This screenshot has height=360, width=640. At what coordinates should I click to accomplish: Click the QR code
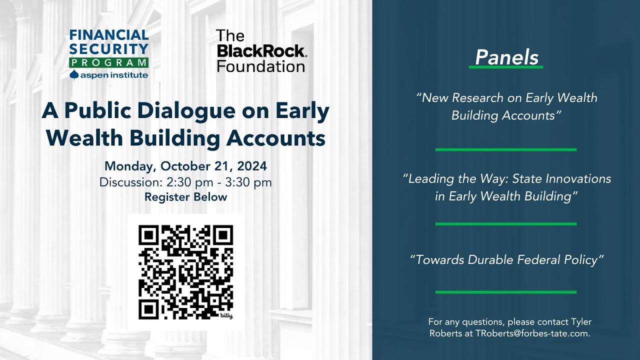pyautogui.click(x=185, y=272)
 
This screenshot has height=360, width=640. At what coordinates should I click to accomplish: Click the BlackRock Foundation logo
pyautogui.click(x=261, y=51)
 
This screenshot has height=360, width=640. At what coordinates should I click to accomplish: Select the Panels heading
pyautogui.click(x=506, y=57)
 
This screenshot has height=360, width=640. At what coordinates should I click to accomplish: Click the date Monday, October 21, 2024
pyautogui.click(x=185, y=166)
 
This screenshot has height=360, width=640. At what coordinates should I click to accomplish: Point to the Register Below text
pyautogui.click(x=185, y=197)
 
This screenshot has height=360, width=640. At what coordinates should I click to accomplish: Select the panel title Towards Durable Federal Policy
pyautogui.click(x=506, y=260)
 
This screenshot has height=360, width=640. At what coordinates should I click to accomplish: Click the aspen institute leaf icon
pyautogui.click(x=74, y=75)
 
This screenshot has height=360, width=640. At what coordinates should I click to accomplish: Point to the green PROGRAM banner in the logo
pyautogui.click(x=108, y=63)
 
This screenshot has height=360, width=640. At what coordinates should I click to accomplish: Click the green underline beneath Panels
pyautogui.click(x=506, y=67)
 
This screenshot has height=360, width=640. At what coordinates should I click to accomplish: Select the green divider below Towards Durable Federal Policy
pyautogui.click(x=506, y=292)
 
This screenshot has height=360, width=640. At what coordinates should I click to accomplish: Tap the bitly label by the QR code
pyautogui.click(x=226, y=316)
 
